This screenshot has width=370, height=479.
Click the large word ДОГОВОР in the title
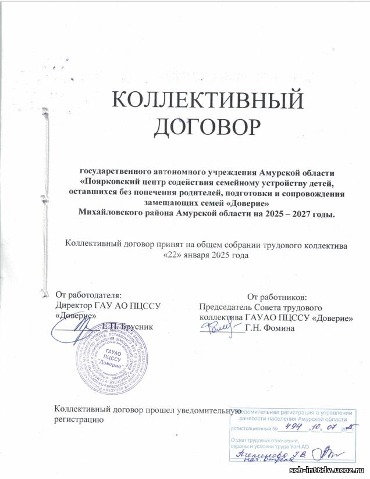[x=208, y=126]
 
